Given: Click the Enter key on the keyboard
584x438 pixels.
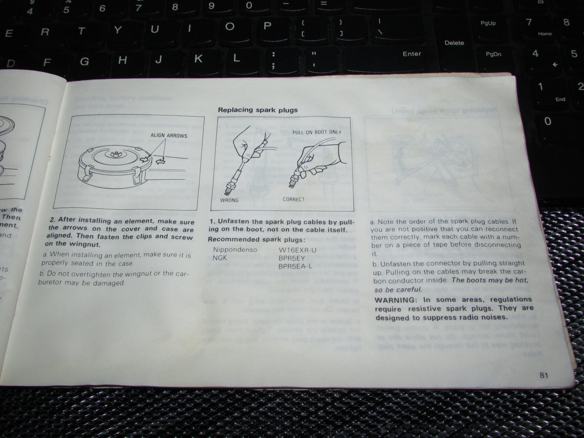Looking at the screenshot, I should click(x=411, y=54).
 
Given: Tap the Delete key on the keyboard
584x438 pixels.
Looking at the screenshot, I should click(x=454, y=43).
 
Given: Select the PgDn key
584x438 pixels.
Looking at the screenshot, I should click(x=493, y=54).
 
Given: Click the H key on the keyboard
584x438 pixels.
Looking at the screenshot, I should click(x=122, y=60).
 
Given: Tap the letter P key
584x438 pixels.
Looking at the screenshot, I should click(x=267, y=26).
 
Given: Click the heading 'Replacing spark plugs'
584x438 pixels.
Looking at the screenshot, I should click(x=257, y=110).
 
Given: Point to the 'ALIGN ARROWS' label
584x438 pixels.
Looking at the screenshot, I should click(x=169, y=135).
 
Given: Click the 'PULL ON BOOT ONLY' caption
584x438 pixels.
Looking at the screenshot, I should click(x=316, y=132).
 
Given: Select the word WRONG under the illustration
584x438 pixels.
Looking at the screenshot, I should click(x=229, y=200).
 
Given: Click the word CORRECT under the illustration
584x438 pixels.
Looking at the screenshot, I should click(x=293, y=199).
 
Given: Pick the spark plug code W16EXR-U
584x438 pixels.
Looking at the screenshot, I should click(x=297, y=250).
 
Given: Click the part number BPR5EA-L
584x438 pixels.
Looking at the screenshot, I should click(x=295, y=266).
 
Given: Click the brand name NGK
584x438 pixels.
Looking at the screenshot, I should click(x=220, y=258).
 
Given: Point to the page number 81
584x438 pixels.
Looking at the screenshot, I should click(x=544, y=375).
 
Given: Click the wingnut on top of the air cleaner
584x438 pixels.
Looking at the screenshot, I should click(x=114, y=154).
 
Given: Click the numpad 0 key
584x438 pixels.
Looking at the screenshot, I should click(x=548, y=121).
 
